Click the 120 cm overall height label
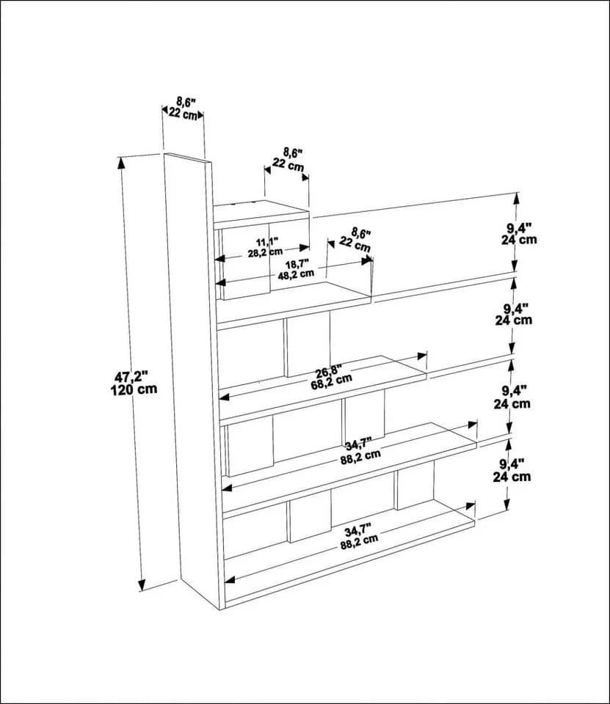click(x=134, y=389)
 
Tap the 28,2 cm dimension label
click(x=265, y=252)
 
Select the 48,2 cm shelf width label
click(x=295, y=274)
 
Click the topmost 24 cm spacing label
click(x=519, y=240)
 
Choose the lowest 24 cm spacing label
click(x=512, y=477)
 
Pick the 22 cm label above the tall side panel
click(x=183, y=114)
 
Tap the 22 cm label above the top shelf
click(x=288, y=165)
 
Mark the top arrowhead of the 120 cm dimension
click(x=121, y=163)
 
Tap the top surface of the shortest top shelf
click(x=260, y=210)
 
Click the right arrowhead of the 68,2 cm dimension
click(x=421, y=356)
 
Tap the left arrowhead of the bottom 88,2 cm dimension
click(x=230, y=579)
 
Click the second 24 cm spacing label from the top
click(x=513, y=320)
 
